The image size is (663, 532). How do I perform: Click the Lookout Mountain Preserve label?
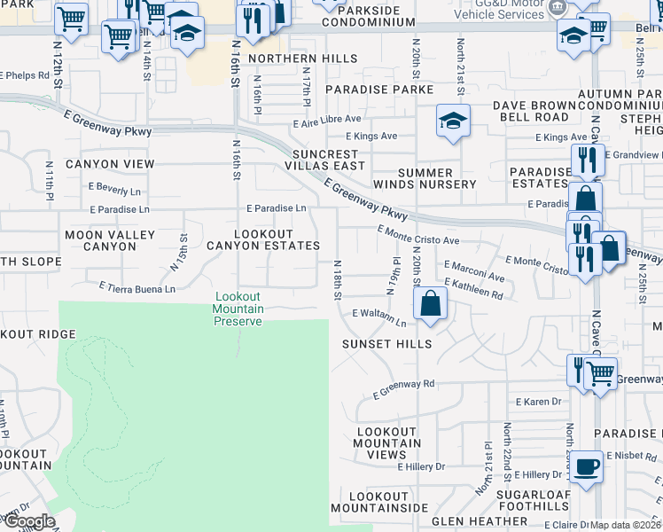[238, 309]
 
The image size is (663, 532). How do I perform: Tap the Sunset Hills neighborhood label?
[388, 344]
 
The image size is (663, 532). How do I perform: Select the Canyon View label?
[110, 164]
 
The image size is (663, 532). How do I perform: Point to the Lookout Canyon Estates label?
[262, 239]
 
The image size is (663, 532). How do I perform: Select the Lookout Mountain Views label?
[387, 442]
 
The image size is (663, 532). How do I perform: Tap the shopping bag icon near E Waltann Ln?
[430, 303]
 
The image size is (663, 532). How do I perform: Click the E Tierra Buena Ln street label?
[136, 288]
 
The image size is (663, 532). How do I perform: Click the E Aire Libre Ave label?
[328, 119]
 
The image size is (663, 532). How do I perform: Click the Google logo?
[28, 521]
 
